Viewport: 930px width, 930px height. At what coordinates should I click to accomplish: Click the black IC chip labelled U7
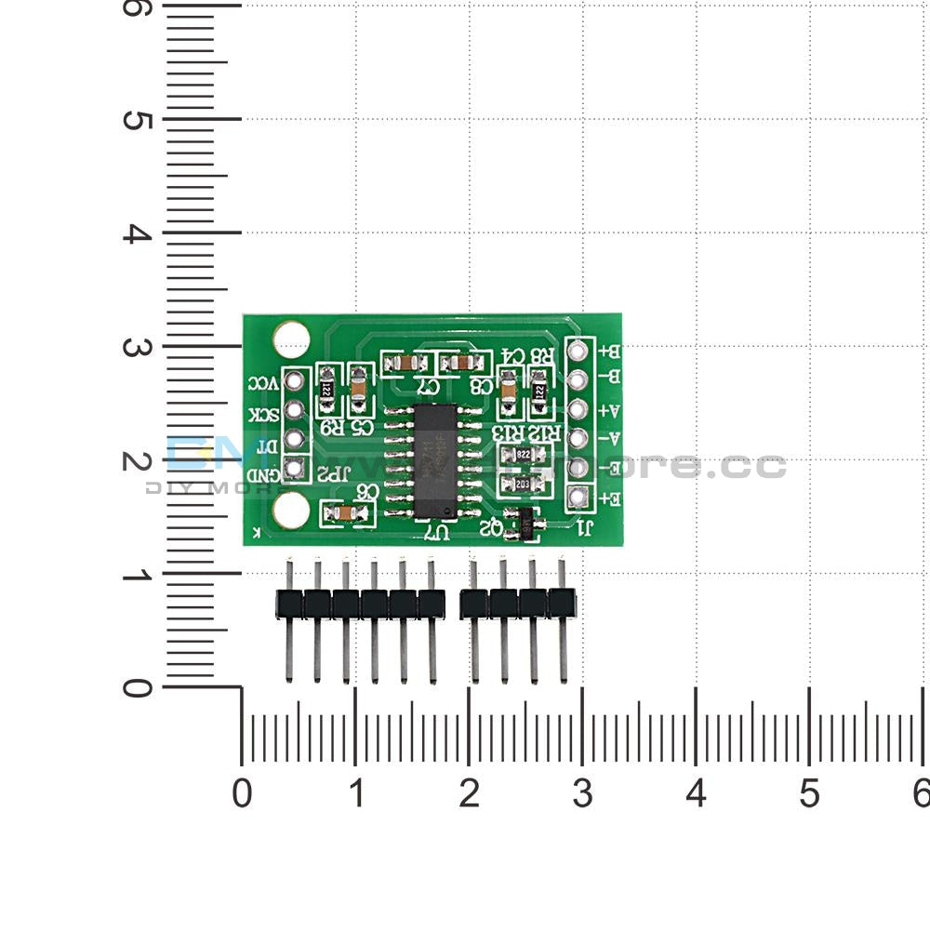435,461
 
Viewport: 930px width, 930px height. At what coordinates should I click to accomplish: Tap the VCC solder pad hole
295,379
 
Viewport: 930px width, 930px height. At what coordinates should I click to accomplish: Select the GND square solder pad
294,468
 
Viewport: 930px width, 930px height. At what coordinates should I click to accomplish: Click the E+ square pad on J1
579,498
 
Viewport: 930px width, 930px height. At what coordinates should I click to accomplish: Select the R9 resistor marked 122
326,391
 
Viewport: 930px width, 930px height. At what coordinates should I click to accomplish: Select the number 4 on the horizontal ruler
696,793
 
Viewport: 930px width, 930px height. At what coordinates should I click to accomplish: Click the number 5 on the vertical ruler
137,121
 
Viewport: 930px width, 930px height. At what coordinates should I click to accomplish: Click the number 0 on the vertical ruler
137,688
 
